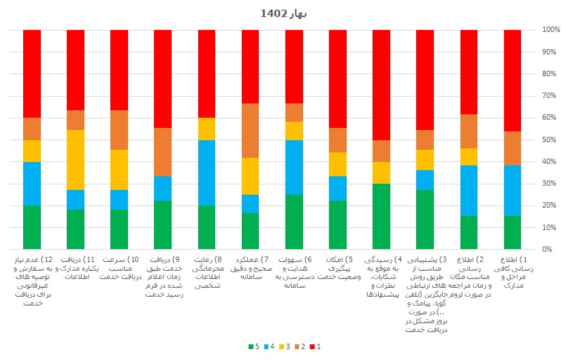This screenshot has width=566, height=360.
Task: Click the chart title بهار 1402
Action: (283, 13)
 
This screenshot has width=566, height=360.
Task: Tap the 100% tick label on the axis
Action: (551, 30)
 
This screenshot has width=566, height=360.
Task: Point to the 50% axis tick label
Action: (551, 140)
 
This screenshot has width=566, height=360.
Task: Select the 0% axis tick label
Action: (551, 249)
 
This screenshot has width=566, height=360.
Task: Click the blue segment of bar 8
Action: (207, 173)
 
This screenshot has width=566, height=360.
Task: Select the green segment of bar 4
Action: (381, 216)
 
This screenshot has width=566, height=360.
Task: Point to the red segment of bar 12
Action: (33, 73)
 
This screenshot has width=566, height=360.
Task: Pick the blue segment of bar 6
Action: (294, 167)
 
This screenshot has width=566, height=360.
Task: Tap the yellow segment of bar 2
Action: (469, 157)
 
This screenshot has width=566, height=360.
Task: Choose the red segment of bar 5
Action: (338, 79)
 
